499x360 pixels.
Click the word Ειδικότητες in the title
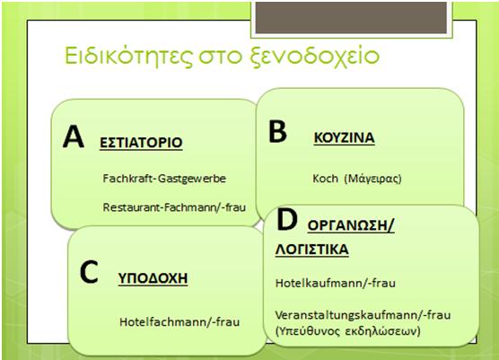coord(128,56)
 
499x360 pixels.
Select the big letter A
coord(74,136)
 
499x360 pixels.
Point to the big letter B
coord(277,131)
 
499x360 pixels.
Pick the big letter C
coord(89,272)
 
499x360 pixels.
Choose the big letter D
coord(286,219)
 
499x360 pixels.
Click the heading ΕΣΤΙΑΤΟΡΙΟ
coord(141,143)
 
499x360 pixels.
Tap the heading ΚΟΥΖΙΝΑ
coord(344,138)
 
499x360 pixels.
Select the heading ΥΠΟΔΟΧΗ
coord(153,278)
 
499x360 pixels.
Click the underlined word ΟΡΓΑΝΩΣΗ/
coord(351,225)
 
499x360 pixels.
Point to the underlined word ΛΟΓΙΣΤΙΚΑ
coord(312,250)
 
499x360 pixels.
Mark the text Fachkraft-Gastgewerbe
coord(164,179)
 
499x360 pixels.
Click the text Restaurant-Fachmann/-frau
coord(174,207)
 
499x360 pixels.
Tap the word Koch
coord(325,179)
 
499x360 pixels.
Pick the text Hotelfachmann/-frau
coord(179,322)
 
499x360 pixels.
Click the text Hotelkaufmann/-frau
coord(336,283)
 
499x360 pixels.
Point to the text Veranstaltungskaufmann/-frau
coord(363,315)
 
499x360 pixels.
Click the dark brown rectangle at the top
coord(351,18)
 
